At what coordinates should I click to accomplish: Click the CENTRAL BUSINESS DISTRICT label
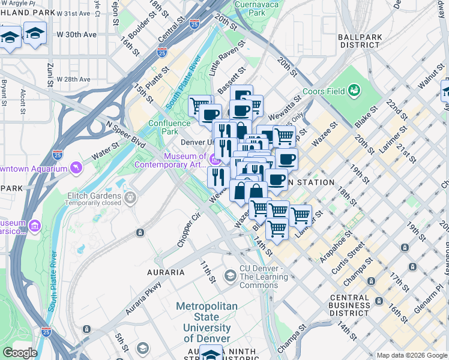353,305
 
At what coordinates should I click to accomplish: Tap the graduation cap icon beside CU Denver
229,275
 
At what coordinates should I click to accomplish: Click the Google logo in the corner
20,353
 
